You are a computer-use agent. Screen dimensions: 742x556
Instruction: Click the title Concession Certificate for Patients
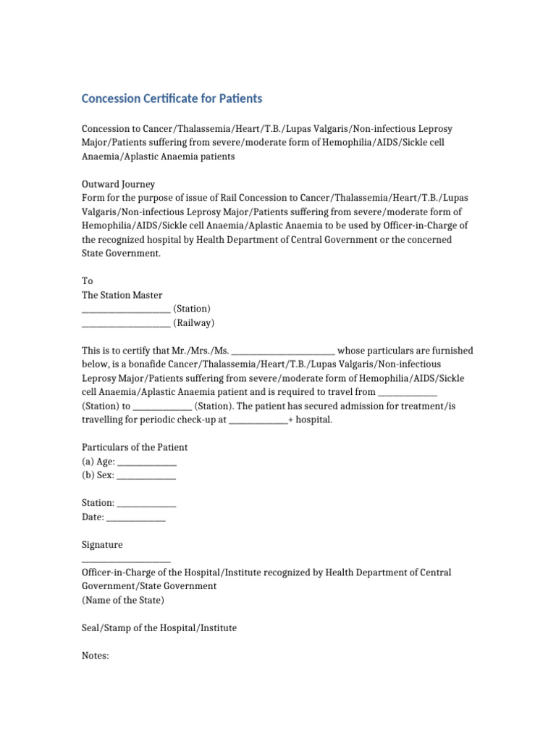click(172, 98)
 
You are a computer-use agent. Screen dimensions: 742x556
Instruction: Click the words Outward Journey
click(118, 184)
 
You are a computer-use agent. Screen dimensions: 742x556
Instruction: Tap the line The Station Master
click(122, 295)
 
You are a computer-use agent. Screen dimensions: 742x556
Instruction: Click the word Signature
click(102, 544)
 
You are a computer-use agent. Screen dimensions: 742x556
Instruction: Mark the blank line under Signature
click(126, 560)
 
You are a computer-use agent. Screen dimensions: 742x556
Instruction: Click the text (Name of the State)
click(122, 600)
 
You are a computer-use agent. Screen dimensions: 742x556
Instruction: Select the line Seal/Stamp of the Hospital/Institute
click(159, 628)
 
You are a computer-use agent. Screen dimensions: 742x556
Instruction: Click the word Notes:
click(95, 655)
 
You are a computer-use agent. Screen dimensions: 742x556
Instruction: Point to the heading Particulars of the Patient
click(135, 447)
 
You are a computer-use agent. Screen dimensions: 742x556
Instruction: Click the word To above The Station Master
click(87, 281)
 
